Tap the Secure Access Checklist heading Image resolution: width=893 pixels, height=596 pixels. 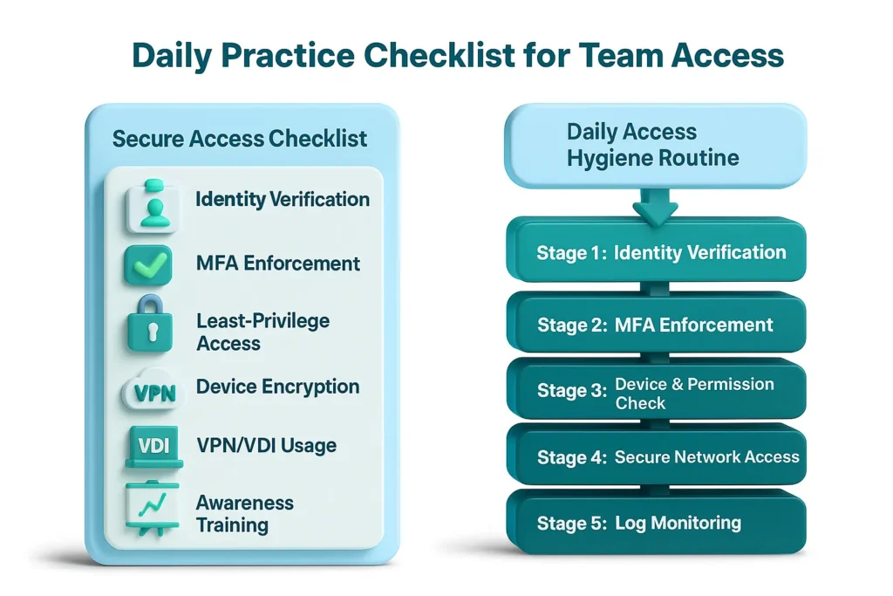240,139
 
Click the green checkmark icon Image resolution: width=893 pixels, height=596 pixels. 149,264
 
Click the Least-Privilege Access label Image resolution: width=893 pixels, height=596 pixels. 262,332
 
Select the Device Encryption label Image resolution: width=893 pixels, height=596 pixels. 277,387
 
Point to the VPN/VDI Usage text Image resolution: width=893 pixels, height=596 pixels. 266,446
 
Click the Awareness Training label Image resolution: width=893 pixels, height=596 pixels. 244,513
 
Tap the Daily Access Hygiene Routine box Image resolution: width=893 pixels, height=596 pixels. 654,146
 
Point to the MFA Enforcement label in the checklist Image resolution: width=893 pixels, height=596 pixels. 278,264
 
